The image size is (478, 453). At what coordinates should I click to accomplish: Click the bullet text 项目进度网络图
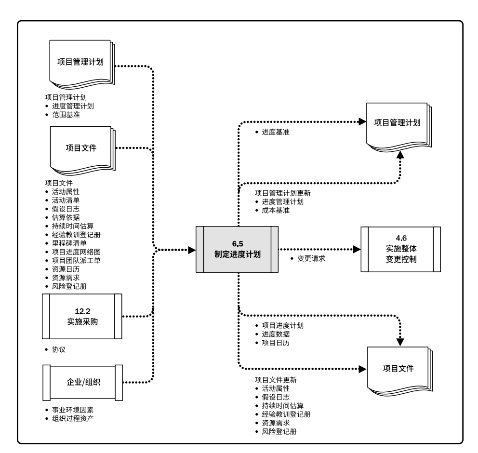point(76,252)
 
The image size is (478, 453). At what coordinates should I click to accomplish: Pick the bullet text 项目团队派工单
point(76,260)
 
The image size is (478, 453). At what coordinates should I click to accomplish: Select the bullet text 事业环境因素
point(72,409)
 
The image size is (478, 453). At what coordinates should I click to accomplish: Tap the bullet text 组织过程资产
point(72,418)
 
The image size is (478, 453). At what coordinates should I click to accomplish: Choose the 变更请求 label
point(311,259)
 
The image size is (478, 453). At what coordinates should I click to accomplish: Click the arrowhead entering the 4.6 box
point(357,249)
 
